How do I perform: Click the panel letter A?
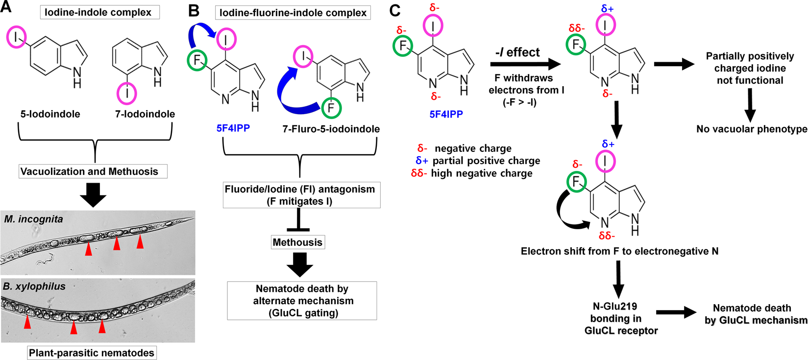(7, 8)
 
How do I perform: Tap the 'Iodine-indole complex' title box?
(99, 12)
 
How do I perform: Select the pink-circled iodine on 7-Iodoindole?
(127, 93)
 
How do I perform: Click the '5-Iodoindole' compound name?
(50, 114)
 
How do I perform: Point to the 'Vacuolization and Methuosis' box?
(93, 171)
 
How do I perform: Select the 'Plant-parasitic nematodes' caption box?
(92, 353)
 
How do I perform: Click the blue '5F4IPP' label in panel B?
(233, 128)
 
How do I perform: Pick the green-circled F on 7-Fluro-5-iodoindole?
(331, 108)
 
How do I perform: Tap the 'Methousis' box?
(297, 242)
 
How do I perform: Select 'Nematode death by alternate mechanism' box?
(302, 300)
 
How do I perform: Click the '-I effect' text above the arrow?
(517, 52)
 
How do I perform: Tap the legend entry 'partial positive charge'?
(478, 161)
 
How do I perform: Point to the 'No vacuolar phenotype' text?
(751, 129)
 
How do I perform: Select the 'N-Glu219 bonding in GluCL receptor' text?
(620, 318)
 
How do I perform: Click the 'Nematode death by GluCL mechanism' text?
(752, 314)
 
